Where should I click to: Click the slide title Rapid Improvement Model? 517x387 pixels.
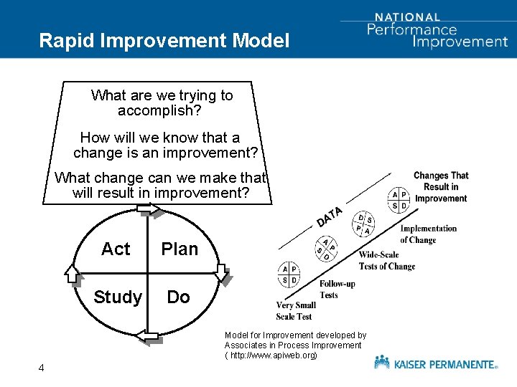pos(164,40)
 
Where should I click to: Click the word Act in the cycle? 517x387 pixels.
pos(116,249)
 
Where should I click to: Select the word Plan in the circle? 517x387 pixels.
pos(180,249)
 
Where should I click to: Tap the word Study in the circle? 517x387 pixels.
pos(118,297)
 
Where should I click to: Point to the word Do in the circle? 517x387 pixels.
pos(178,297)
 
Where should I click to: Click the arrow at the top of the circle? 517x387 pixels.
pos(148,209)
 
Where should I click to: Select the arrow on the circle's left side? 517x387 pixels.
pos(73,273)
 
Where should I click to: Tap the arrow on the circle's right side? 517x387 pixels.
pos(223,273)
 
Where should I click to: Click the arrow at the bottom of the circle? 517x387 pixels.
pos(148,335)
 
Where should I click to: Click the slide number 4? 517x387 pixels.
pos(42,368)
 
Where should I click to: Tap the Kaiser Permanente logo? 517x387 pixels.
pos(435,363)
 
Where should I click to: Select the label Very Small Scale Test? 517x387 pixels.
pos(296,311)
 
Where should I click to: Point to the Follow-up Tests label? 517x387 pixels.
pos(337,290)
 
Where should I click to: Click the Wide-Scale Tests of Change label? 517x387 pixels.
pos(387,261)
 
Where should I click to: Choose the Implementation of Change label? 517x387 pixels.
pos(428,234)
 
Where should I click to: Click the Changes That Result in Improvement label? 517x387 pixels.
pos(441,187)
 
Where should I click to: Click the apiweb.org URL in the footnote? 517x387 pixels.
pos(273,355)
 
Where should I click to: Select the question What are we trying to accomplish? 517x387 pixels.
pos(162,103)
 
